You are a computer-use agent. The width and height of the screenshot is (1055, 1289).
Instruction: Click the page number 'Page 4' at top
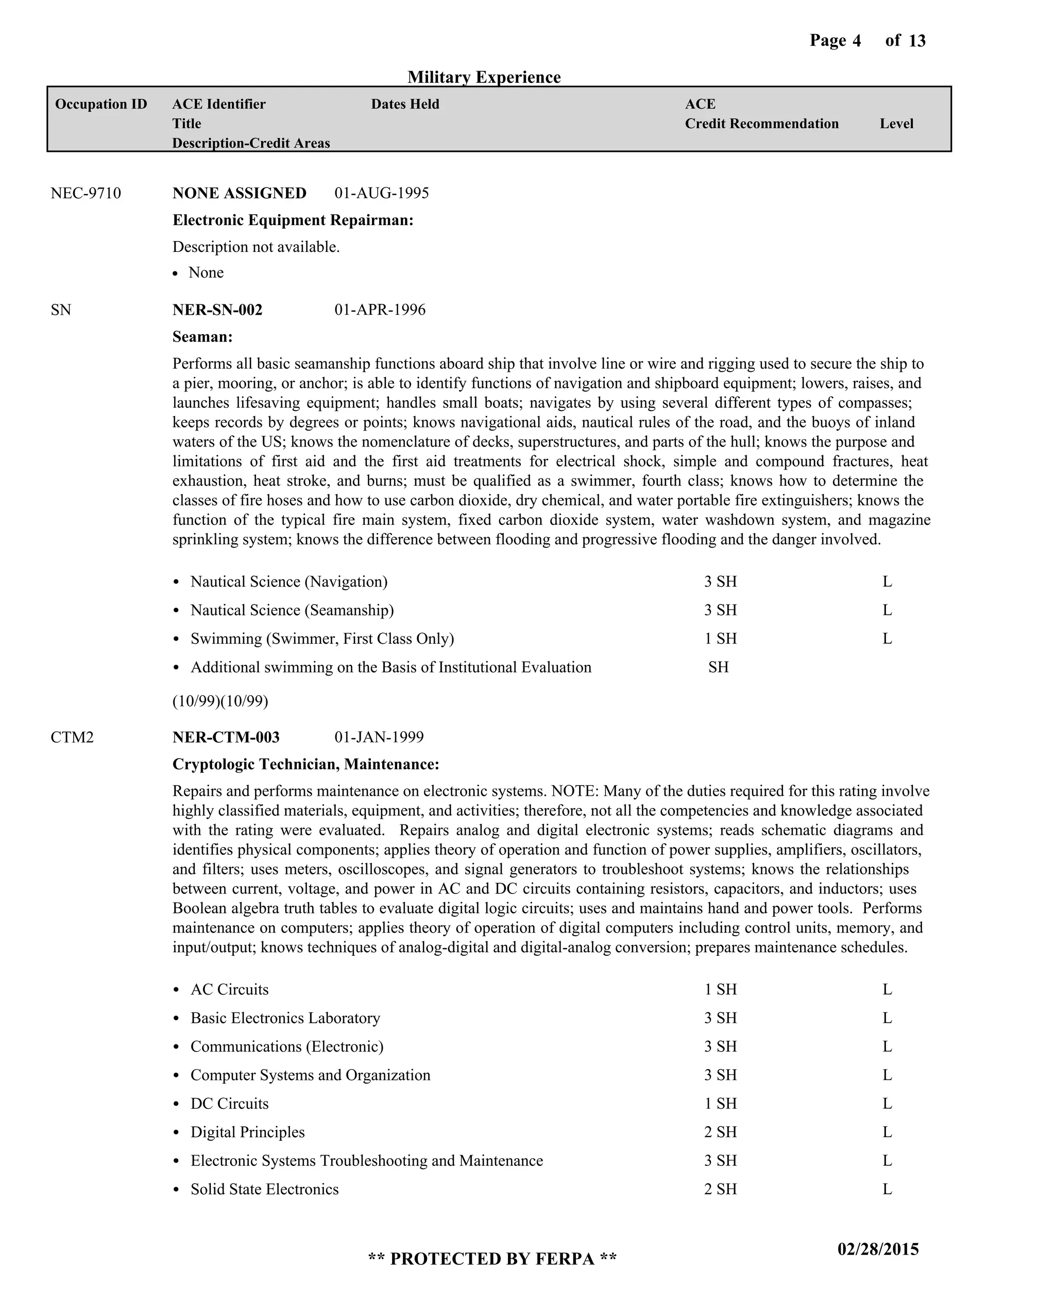(x=835, y=41)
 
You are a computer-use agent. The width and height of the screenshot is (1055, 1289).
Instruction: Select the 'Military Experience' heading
(x=484, y=77)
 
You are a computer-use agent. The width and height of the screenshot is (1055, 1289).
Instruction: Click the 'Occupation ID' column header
(x=101, y=104)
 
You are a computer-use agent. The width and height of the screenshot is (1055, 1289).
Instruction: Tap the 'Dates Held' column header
(x=405, y=104)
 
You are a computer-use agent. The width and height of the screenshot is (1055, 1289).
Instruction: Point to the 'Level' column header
(x=896, y=124)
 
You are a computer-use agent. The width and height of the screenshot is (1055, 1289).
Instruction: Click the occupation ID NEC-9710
(x=86, y=193)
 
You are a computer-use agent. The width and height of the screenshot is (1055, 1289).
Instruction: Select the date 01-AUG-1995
(x=382, y=193)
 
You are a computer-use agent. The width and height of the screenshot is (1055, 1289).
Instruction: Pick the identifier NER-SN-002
(x=217, y=310)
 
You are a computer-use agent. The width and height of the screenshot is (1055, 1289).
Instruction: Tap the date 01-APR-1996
(x=380, y=310)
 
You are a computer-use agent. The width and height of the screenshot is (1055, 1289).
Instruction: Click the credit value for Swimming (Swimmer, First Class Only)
(x=720, y=639)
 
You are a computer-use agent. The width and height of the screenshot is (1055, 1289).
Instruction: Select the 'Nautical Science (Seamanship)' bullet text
(x=292, y=610)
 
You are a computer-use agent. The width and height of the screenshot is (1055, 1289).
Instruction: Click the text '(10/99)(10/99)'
(x=220, y=701)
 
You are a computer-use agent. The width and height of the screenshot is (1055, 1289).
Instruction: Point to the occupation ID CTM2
(x=72, y=737)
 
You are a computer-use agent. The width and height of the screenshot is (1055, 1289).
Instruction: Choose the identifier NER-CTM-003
(x=226, y=737)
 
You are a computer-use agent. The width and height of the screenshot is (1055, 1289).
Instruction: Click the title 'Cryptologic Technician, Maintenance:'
(x=305, y=764)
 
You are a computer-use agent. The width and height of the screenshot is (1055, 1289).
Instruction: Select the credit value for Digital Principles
(x=720, y=1132)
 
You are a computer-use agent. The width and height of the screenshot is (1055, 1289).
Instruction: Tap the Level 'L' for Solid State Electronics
(x=887, y=1190)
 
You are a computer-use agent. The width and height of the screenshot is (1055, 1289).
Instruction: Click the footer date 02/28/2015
(x=878, y=1249)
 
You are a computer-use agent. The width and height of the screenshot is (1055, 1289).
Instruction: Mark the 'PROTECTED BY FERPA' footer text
(x=492, y=1259)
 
